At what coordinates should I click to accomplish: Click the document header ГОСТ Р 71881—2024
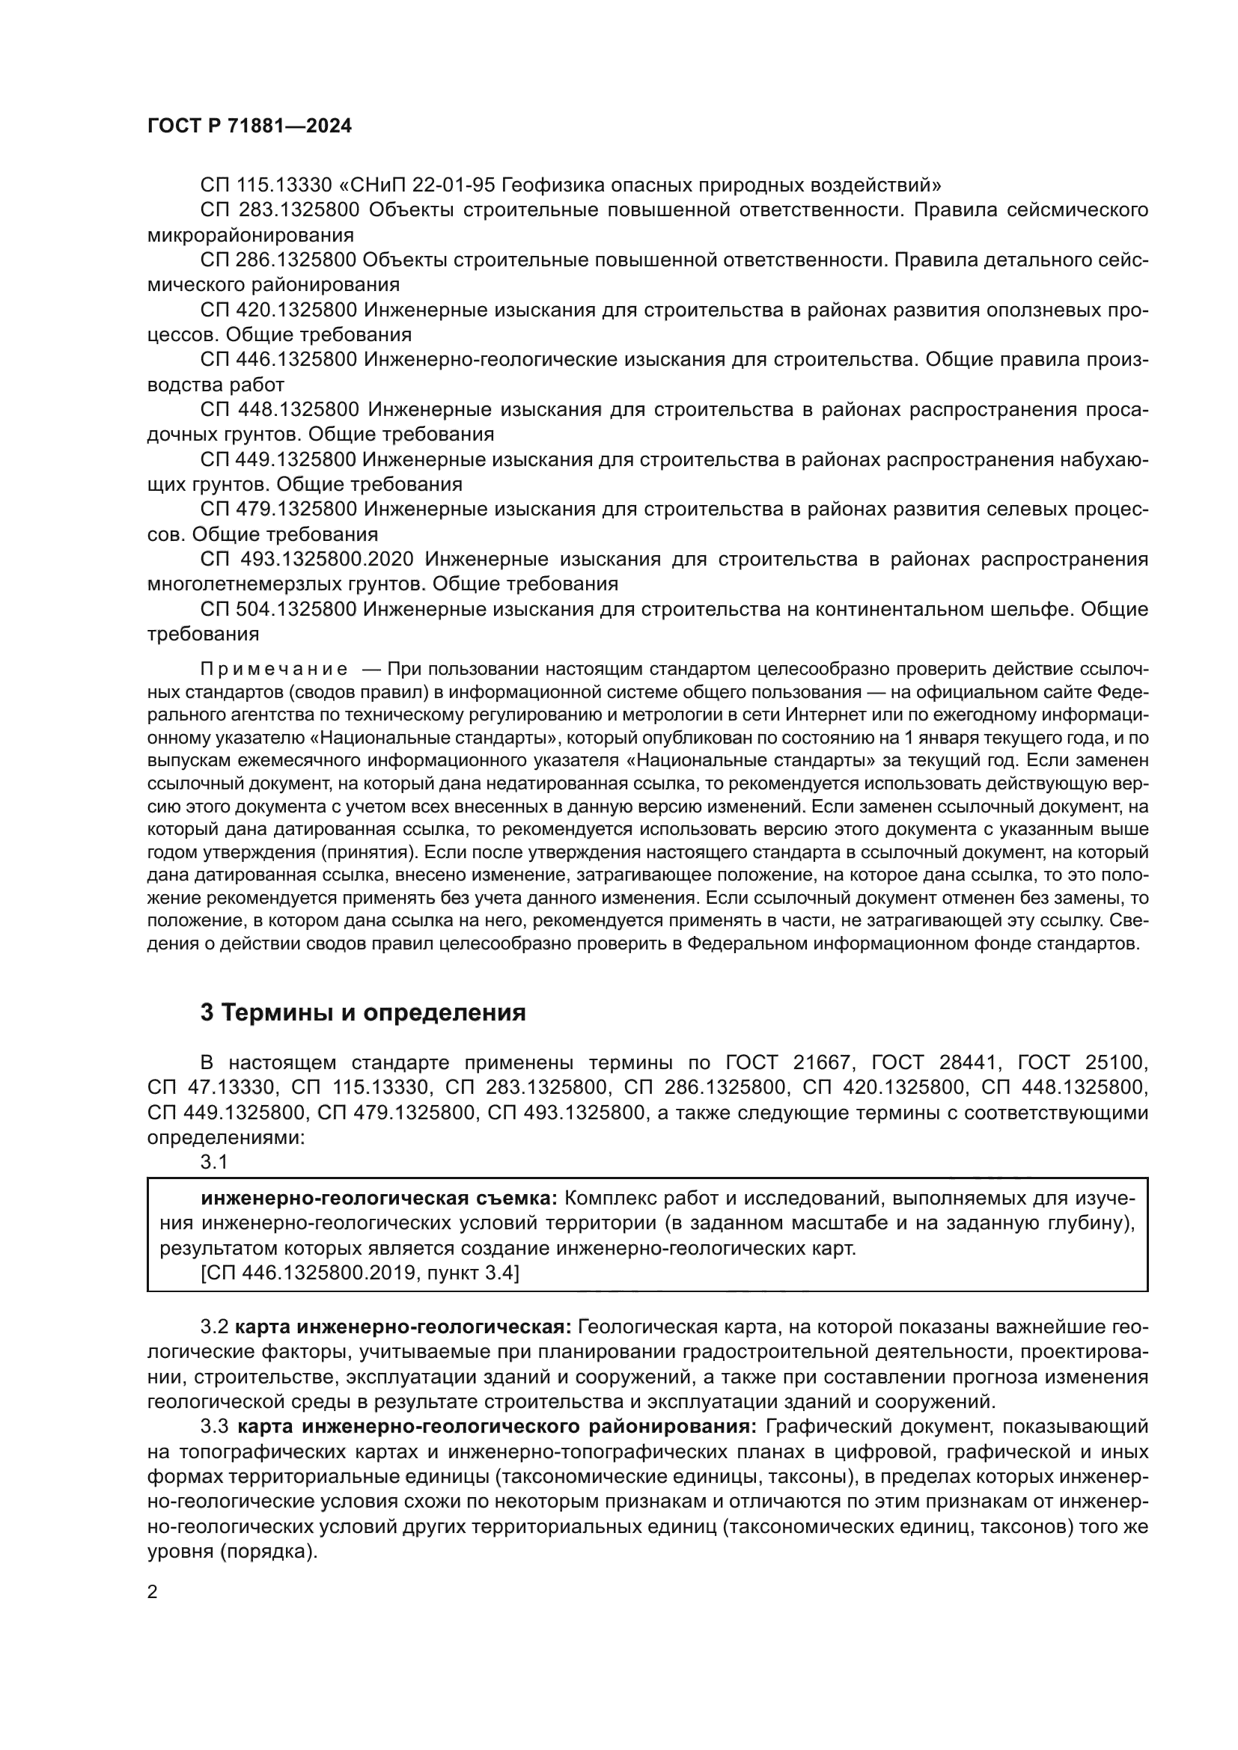(x=249, y=126)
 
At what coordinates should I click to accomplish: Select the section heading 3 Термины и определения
(x=363, y=1012)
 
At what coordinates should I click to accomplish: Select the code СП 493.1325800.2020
(x=307, y=560)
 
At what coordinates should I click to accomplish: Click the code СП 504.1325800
(x=279, y=609)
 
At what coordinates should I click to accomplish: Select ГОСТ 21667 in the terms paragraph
(x=790, y=1062)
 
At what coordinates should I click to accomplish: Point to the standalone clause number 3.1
(x=214, y=1162)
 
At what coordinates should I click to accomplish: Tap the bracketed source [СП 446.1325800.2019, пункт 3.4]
(x=360, y=1273)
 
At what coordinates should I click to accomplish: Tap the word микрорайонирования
(x=250, y=235)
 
